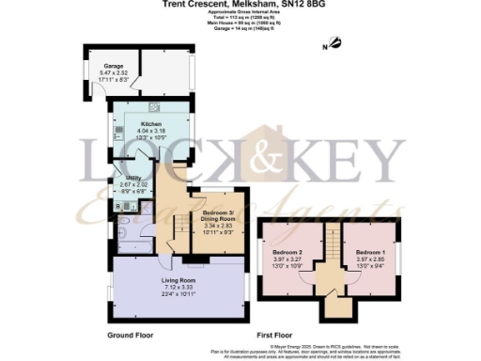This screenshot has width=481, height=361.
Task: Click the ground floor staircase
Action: [176, 226]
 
